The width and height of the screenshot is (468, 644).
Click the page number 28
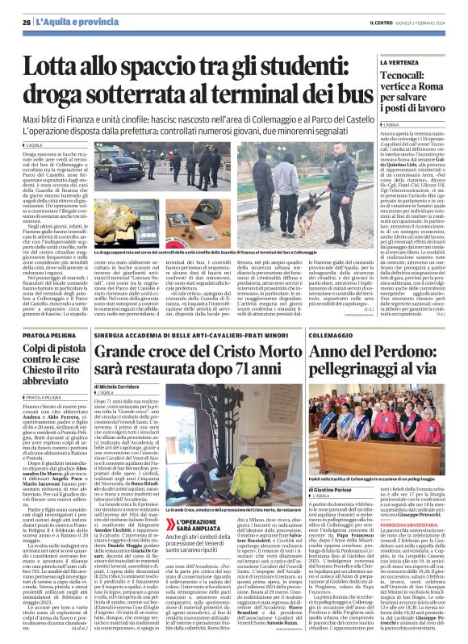26,23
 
